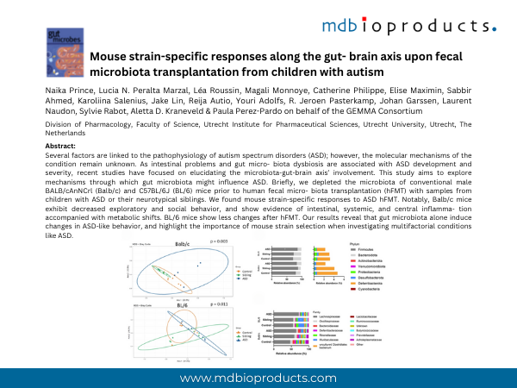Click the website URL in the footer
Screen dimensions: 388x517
pos(258,379)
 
